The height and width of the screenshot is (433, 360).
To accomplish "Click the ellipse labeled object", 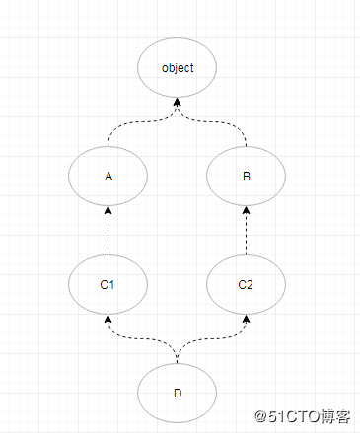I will click(x=178, y=68).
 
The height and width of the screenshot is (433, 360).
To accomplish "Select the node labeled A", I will click(x=108, y=177).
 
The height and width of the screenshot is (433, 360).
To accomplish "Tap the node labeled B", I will click(x=246, y=177).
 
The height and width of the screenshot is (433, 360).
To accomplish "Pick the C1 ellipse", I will click(x=108, y=285).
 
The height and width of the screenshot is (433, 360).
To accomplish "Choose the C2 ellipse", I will click(x=246, y=285).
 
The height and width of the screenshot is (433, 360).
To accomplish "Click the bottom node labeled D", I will click(x=178, y=393).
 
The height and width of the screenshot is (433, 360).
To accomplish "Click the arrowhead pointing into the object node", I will click(x=178, y=102).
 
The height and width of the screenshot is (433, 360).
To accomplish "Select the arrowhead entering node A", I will click(x=108, y=210).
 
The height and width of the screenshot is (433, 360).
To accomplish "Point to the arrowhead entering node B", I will click(x=246, y=210).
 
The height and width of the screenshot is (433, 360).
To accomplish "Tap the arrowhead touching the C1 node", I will click(x=108, y=319).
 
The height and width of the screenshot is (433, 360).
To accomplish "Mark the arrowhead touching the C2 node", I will click(x=246, y=319).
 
